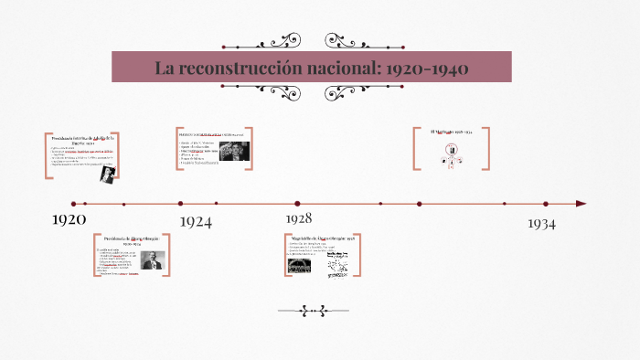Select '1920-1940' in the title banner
tap(428, 69)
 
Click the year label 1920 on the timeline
tap(69, 219)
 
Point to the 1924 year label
tap(196, 221)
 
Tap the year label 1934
tap(541, 223)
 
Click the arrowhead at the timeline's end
tap(581, 204)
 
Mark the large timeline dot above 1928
tap(297, 204)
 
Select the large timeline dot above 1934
tap(546, 204)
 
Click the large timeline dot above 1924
tap(180, 204)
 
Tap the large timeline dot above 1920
tap(73, 204)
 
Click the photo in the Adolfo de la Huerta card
tap(108, 171)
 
